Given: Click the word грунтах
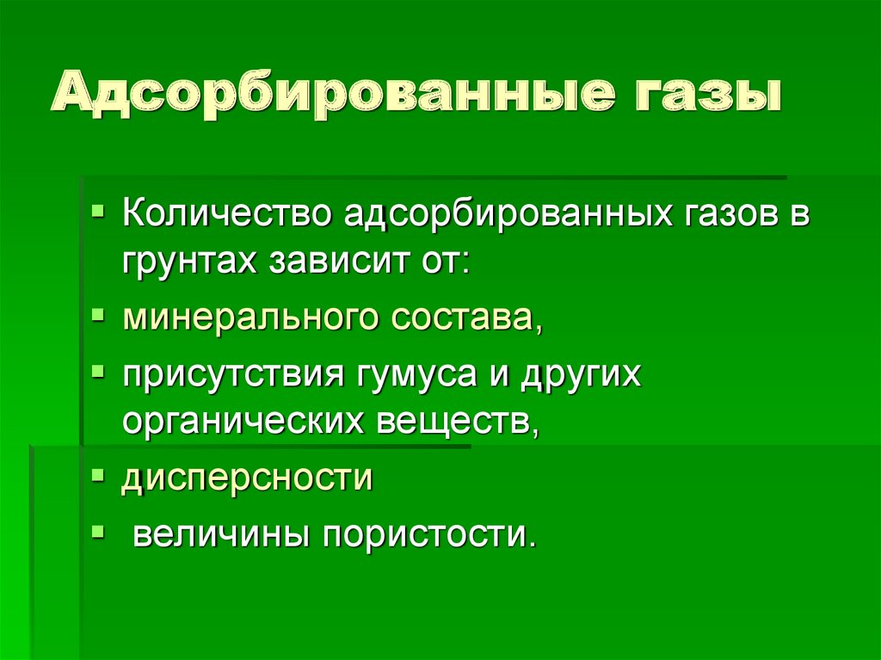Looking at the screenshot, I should point(190,260).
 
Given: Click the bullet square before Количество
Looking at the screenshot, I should point(100,210).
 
